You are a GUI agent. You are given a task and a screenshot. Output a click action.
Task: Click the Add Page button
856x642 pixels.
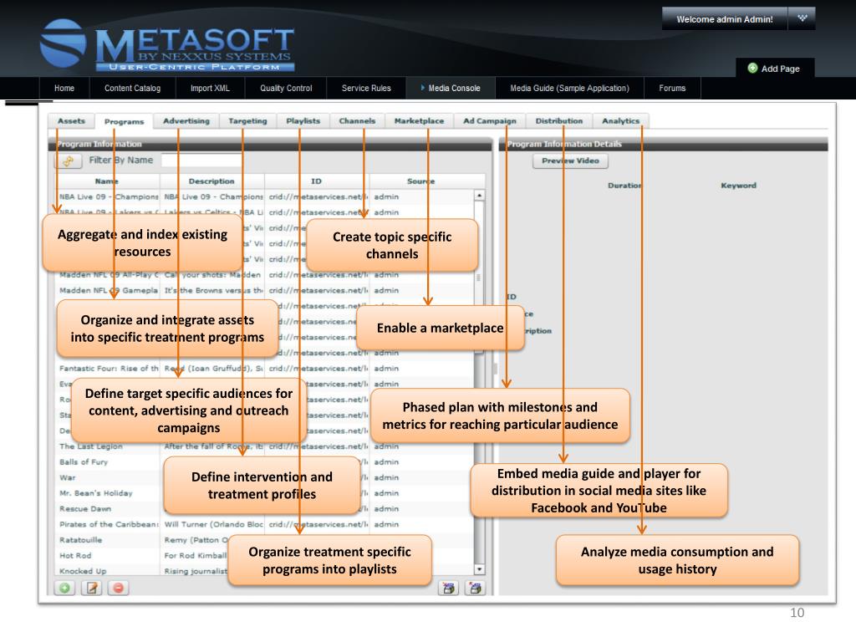774,69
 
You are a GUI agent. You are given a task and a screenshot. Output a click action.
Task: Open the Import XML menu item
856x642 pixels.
209,88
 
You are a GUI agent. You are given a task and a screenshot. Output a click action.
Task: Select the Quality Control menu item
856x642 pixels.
286,88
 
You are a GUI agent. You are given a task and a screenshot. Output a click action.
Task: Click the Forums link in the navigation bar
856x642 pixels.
672,88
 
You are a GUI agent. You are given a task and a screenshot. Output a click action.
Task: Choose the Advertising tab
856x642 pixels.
186,121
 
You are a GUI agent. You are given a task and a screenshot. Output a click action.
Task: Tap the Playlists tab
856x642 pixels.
303,121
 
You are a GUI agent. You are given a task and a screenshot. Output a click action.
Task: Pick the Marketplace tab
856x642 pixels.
419,121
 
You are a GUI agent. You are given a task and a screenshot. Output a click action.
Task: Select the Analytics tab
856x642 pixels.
620,121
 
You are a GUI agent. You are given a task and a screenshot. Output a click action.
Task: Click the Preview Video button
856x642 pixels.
570,160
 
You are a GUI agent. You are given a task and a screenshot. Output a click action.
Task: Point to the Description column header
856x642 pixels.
211,181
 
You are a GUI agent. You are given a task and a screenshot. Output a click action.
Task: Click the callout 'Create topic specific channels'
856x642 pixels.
392,245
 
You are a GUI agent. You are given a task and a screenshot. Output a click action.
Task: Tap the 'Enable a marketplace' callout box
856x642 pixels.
440,328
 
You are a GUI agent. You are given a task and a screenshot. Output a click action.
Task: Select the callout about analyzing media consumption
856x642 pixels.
677,560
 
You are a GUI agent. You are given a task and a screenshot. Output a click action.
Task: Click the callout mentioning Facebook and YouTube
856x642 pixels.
599,491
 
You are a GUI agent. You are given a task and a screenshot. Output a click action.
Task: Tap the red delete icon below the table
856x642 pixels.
116,588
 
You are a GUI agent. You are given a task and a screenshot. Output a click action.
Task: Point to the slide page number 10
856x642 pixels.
797,614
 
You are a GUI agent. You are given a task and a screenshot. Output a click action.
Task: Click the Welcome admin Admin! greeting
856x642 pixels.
724,19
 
